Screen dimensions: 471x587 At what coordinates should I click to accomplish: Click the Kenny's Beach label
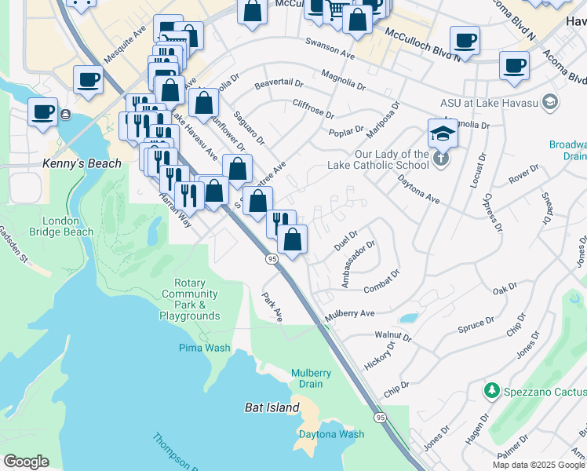(82, 163)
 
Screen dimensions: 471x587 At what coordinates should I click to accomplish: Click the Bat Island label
(272, 407)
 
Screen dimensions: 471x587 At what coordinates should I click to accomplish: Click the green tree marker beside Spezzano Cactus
(492, 389)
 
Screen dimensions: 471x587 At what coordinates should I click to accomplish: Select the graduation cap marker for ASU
(442, 133)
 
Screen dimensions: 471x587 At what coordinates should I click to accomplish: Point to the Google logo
(26, 462)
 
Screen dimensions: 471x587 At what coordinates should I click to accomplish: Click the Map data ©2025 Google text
(538, 465)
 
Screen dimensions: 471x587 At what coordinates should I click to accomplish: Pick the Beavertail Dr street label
(279, 82)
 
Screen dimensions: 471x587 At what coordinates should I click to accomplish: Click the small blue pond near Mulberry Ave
(408, 319)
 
